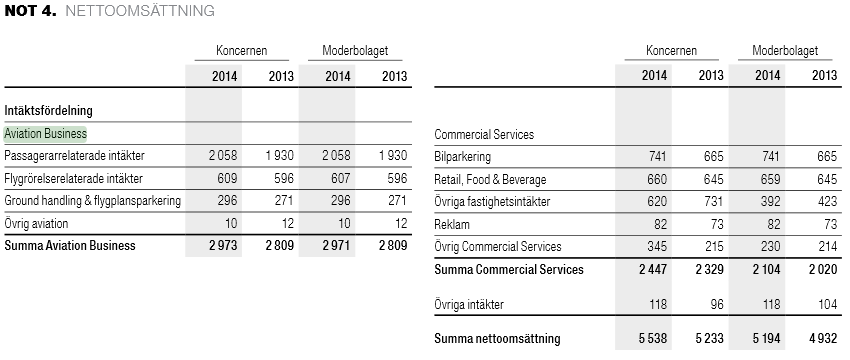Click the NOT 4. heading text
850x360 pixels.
pos(30,10)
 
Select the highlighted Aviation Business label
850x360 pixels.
pos(46,133)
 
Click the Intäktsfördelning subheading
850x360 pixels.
pos(48,111)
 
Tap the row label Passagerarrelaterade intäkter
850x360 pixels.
pos(74,156)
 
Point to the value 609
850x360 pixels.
pos(227,178)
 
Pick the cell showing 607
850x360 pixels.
pos(340,178)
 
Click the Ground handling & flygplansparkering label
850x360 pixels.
pos(92,201)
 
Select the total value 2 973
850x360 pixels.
pos(223,246)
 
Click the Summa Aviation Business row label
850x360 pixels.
pos(70,246)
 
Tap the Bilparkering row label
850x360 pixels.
pos(462,157)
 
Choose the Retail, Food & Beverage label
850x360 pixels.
pos(490,179)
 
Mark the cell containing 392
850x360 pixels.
pos(770,202)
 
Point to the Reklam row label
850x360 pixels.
pos(452,224)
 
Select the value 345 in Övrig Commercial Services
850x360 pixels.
pos(656,247)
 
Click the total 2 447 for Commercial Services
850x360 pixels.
pos(653,269)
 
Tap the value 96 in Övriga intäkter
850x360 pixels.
pos(717,304)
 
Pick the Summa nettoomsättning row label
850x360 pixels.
pos(497,339)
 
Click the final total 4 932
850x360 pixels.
pos(823,339)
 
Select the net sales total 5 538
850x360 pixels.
pos(653,339)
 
